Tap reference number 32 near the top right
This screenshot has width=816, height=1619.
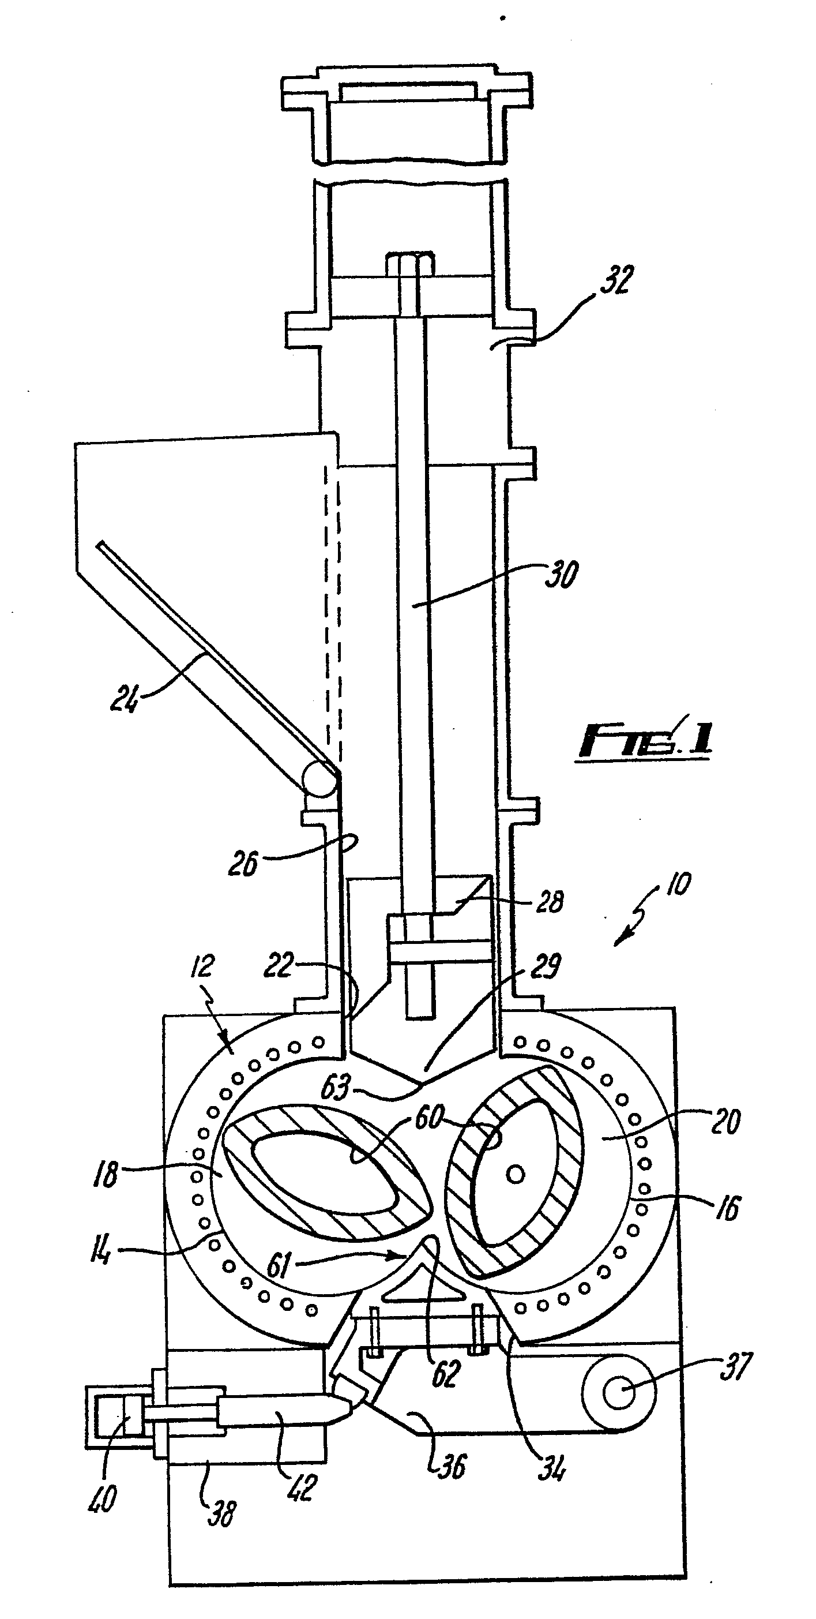[616, 280]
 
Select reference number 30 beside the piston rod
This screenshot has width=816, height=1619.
[561, 575]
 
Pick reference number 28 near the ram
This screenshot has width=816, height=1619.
[550, 902]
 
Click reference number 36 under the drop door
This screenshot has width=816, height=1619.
[450, 1466]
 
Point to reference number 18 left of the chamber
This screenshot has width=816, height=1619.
[106, 1174]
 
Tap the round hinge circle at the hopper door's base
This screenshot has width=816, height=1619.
[319, 780]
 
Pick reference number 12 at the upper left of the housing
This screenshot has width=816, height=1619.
[202, 966]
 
